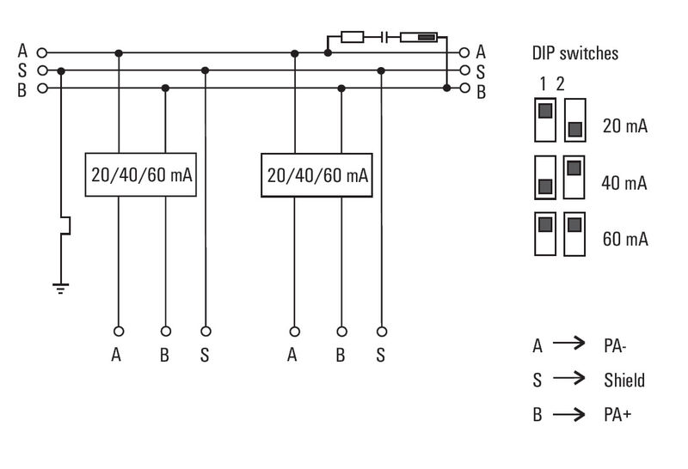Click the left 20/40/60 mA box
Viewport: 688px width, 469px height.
pos(142,175)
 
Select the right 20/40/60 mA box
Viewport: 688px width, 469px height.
pos(317,175)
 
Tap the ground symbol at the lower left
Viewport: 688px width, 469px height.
pos(60,289)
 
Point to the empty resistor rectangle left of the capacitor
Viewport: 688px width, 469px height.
pos(353,37)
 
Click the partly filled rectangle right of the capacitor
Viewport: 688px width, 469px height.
pos(421,37)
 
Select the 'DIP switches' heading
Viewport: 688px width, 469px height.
pos(574,53)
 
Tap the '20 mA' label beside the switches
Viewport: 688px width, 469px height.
pos(625,126)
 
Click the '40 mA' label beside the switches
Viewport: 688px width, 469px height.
pos(625,183)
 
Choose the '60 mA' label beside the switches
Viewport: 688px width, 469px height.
pos(625,239)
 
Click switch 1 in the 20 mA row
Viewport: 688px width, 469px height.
pos(545,119)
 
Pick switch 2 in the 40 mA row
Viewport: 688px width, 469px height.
pos(574,176)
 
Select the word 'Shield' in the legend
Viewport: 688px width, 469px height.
pos(624,380)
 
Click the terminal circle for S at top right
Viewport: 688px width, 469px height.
pos(465,70)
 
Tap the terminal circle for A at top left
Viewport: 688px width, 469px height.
pos(40,53)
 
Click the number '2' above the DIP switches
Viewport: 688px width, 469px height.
pos(560,84)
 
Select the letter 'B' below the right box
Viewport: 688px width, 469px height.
pos(341,355)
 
